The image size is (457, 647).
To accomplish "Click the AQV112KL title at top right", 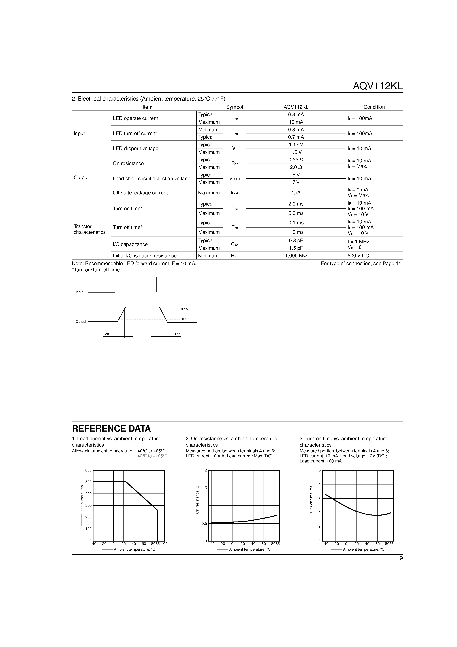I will [x=377, y=86].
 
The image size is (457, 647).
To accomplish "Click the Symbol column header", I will [x=234, y=107].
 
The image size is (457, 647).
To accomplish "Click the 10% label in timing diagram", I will [x=185, y=319].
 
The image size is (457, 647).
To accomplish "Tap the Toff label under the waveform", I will [x=177, y=334].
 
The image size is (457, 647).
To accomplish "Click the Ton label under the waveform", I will [x=106, y=334].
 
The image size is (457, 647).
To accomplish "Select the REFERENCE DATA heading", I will [x=111, y=429].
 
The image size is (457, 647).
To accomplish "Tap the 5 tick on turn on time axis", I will [x=319, y=470].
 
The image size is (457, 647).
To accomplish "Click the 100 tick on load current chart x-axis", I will [x=164, y=544].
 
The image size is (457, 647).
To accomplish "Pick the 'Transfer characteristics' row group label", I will [x=89, y=229].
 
